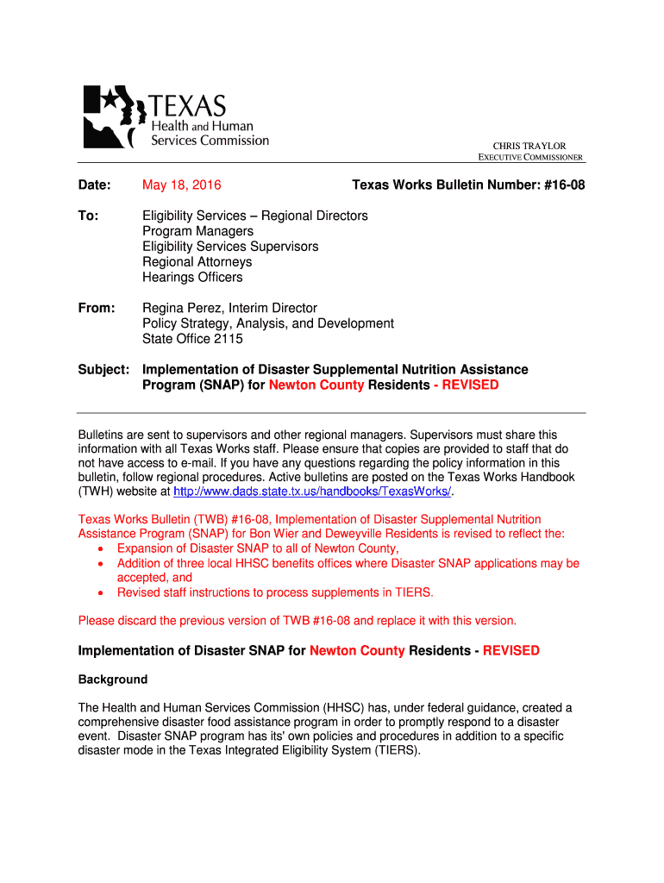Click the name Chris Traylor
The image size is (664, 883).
[529, 146]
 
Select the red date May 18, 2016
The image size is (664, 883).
[181, 185]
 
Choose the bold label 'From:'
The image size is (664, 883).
[97, 308]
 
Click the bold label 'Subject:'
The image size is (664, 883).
[104, 369]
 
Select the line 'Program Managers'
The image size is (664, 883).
[197, 231]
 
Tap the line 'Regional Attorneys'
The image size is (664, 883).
[197, 262]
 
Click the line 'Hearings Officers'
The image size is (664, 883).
[192, 278]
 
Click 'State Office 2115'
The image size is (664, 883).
[192, 339]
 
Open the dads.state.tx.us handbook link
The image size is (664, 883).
[312, 492]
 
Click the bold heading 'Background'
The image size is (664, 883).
[113, 679]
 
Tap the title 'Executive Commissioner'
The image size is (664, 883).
[531, 158]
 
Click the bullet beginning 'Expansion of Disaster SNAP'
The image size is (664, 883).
[257, 548]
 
